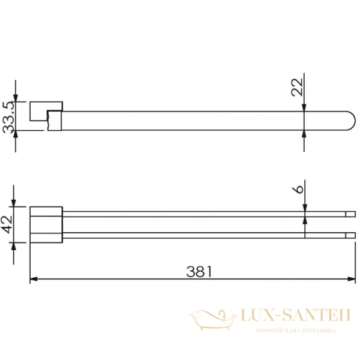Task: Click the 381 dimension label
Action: pos(199,272)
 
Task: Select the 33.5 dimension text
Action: pos(8,117)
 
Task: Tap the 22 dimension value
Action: pos(297,87)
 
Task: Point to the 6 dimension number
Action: pos(298,190)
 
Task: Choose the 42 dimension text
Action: pos(7,225)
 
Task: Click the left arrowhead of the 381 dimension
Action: pos(34,279)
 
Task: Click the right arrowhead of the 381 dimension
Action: pos(352,279)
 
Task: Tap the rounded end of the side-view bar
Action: pos(351,121)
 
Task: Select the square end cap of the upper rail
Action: pos(350,214)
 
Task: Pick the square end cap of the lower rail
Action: pos(350,235)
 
